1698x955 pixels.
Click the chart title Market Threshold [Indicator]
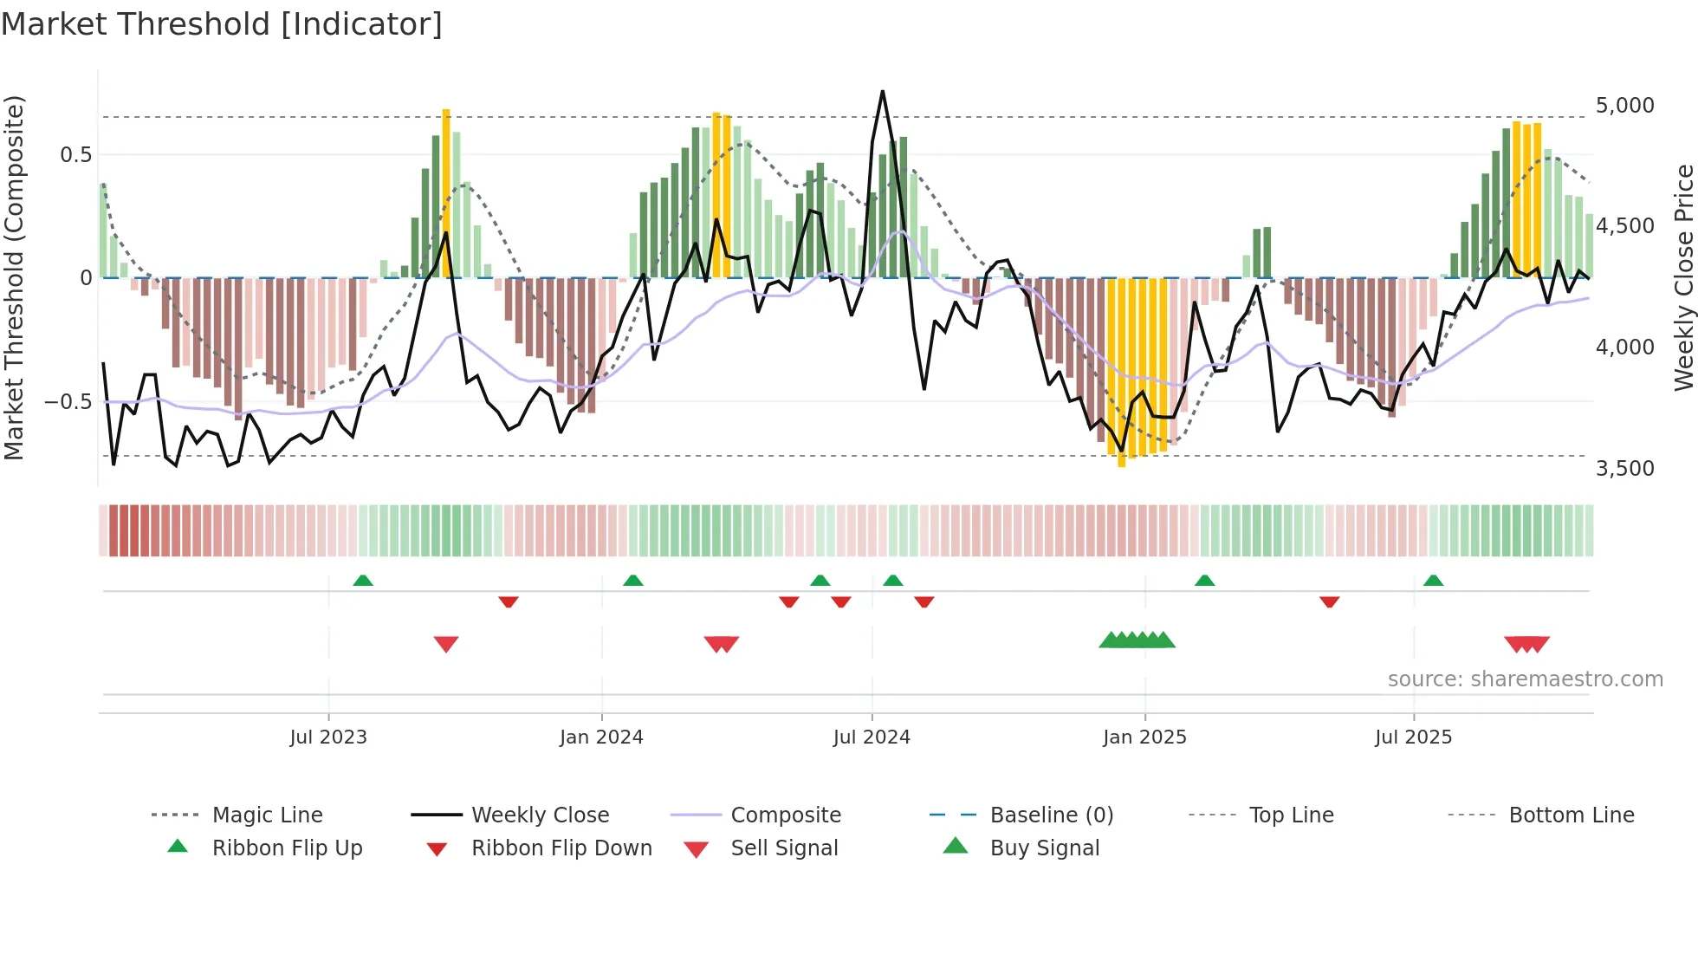[x=222, y=24]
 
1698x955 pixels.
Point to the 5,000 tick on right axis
[x=1624, y=106]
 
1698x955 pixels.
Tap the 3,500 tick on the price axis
[x=1624, y=469]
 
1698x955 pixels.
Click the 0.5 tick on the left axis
[x=75, y=155]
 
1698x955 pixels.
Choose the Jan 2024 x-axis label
[x=601, y=737]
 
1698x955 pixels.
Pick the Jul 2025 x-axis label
[x=1413, y=737]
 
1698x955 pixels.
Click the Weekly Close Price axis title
[x=1683, y=277]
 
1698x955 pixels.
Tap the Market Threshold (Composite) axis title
[x=14, y=277]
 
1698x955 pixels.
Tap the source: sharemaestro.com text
[x=1525, y=679]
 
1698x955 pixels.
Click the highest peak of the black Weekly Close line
[x=882, y=92]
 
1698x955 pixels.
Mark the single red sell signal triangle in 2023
[x=446, y=644]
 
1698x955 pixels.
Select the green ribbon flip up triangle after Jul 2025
[x=1433, y=581]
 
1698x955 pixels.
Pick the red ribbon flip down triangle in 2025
[x=1330, y=601]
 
